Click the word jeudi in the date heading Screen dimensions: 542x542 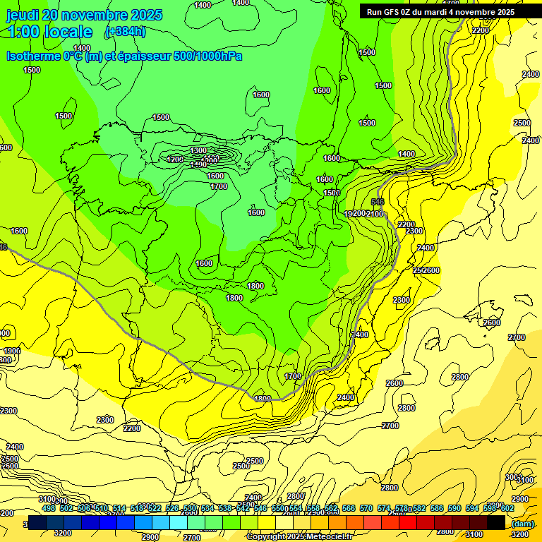coord(23,15)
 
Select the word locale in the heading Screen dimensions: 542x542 coord(71,32)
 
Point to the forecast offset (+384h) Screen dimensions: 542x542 coord(125,31)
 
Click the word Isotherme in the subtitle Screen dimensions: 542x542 coord(34,56)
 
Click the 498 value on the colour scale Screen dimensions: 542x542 coord(49,508)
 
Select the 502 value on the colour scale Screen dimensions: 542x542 coord(66,508)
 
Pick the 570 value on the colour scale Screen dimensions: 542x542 coord(366,508)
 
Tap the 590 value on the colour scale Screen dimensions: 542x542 coord(454,508)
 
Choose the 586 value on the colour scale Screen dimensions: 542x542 coord(437,508)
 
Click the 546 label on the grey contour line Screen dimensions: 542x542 coord(378,202)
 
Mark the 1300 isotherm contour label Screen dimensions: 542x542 coord(198,150)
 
